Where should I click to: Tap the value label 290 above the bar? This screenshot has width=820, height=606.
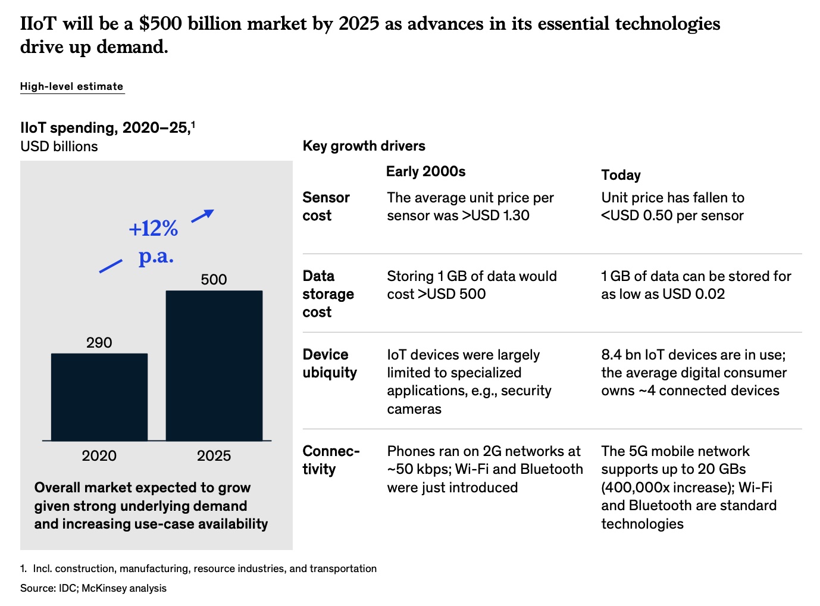pyautogui.click(x=99, y=342)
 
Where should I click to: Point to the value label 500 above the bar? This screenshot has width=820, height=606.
pyautogui.click(x=214, y=279)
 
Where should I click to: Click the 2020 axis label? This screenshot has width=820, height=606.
pyautogui.click(x=99, y=455)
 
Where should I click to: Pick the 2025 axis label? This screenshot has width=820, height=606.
pyautogui.click(x=214, y=455)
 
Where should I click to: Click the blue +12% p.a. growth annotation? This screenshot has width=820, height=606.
pyautogui.click(x=154, y=242)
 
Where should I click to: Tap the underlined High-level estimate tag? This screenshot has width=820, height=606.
pyautogui.click(x=72, y=86)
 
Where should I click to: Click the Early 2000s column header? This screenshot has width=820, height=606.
pyautogui.click(x=425, y=171)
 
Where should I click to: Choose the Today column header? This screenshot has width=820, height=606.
pyautogui.click(x=621, y=175)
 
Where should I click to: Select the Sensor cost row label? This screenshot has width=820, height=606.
pyautogui.click(x=326, y=206)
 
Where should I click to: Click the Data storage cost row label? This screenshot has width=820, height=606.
pyautogui.click(x=328, y=293)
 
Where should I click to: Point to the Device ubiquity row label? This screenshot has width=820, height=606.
pyautogui.click(x=330, y=363)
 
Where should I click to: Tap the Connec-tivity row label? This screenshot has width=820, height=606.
pyautogui.click(x=331, y=460)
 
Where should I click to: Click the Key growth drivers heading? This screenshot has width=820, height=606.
pyautogui.click(x=364, y=146)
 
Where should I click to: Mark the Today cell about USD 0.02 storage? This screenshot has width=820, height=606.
pyautogui.click(x=696, y=285)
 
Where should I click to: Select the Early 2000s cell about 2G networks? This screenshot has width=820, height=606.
pyautogui.click(x=484, y=469)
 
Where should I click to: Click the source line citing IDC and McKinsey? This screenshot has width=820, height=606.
pyautogui.click(x=93, y=588)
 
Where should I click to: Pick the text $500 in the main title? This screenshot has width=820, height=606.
pyautogui.click(x=161, y=24)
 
